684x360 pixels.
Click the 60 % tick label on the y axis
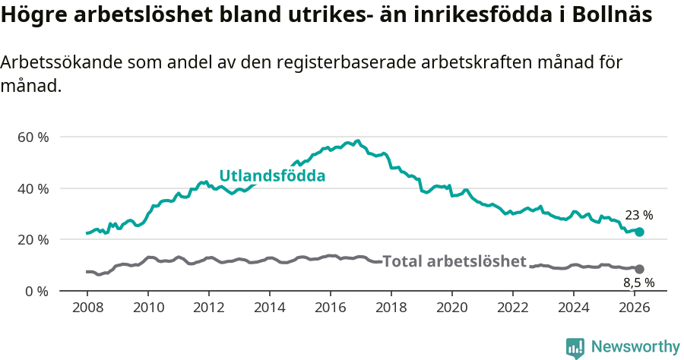pos(33,137)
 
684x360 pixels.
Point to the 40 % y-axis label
pos(33,188)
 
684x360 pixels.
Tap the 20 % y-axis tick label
pos(33,240)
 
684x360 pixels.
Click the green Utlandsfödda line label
pos(272,176)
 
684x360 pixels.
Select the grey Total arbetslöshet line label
pos(454,261)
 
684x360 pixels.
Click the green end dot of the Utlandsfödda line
pos(640,232)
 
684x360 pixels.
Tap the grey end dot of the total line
pos(640,269)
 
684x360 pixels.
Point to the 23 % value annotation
pos(638,216)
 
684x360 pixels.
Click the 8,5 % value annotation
pos(639,283)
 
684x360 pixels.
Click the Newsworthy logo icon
pos(575,348)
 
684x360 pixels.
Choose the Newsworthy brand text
pos(635,347)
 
